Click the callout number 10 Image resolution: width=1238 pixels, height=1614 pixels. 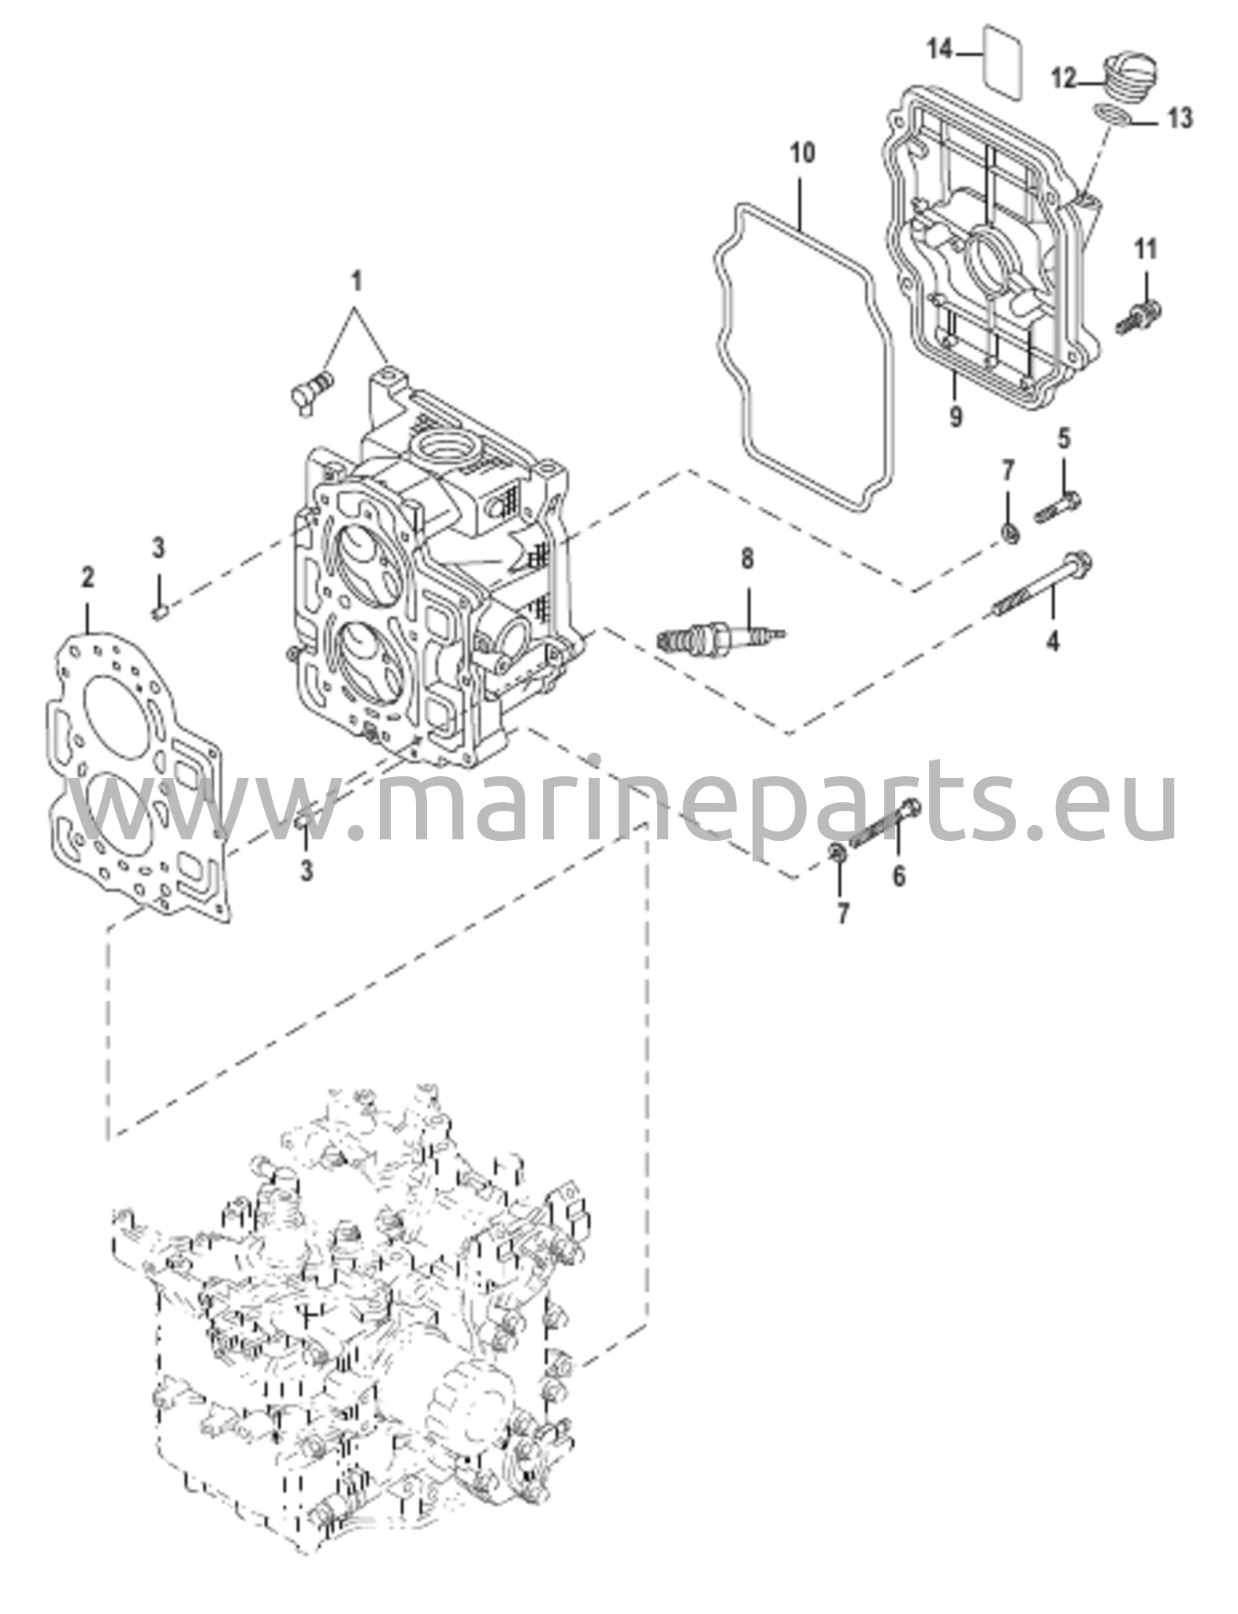pos(802,152)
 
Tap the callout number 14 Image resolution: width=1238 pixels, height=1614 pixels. pos(940,50)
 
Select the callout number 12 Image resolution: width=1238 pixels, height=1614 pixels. pos(1064,78)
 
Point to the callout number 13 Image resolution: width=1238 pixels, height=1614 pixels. pos(1179,118)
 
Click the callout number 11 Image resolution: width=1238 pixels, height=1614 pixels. pos(1145,250)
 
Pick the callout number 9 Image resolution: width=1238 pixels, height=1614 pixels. pos(955,415)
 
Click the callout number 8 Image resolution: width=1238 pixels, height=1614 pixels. pos(746,559)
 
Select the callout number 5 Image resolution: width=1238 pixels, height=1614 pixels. pos(1064,439)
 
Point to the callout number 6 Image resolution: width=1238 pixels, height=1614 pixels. pos(899,875)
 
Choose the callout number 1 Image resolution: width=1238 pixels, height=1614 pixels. pos(356,280)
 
